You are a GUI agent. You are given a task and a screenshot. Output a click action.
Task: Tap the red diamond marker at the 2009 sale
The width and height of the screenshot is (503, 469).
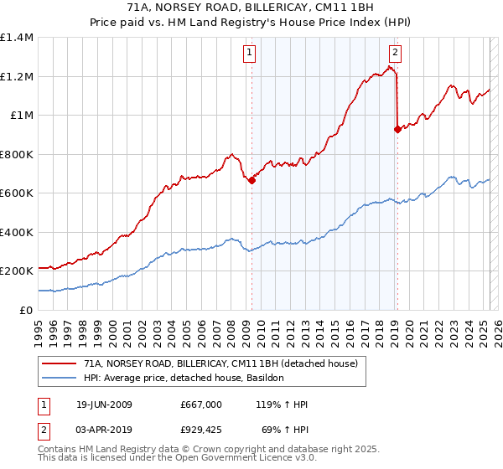[251, 180]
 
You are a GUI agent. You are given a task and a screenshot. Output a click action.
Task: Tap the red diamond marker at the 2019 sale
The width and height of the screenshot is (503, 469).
[397, 129]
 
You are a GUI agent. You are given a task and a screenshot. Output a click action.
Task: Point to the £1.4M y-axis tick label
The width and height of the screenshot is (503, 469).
[17, 38]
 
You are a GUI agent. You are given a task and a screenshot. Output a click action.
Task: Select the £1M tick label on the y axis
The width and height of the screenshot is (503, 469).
[21, 116]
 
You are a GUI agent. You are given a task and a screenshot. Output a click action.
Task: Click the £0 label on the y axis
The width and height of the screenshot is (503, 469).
[26, 310]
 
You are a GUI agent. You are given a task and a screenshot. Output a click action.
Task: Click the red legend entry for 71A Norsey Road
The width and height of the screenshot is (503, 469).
[220, 363]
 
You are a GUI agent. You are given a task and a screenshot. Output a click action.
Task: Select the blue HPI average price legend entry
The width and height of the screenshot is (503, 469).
[184, 378]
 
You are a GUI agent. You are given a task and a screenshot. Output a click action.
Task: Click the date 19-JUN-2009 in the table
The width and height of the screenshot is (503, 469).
[104, 405]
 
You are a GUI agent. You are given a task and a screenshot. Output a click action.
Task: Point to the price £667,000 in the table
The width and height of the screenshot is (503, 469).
[201, 405]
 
